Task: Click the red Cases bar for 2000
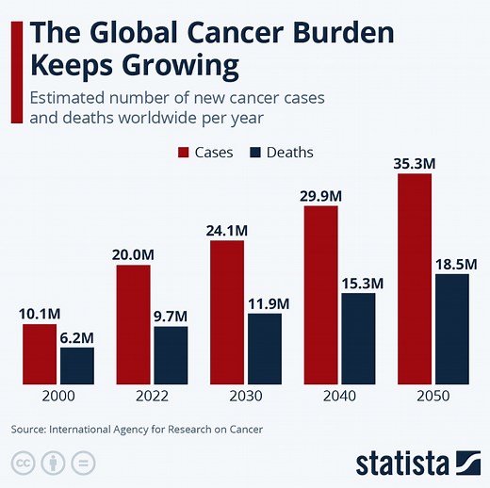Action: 40,354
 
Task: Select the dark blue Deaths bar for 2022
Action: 171,355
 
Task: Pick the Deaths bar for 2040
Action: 358,338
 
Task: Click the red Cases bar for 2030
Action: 227,313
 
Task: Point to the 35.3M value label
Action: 414,163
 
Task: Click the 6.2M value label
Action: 77,336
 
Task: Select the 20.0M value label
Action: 133,254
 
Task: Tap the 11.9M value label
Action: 265,302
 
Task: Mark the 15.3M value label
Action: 358,282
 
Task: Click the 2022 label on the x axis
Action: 152,398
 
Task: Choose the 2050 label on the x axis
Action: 433,398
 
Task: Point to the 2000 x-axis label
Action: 58,398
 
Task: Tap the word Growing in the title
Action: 185,68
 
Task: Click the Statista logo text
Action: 402,463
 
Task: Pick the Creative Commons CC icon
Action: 23,463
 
